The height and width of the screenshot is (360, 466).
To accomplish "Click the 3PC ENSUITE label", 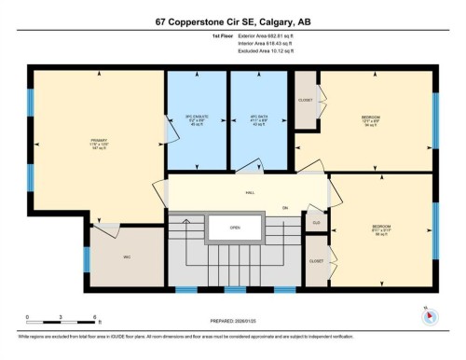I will point(197,118).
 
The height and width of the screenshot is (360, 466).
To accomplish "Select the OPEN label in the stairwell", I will point(236,227).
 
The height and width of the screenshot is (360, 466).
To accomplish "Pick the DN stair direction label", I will point(286,208).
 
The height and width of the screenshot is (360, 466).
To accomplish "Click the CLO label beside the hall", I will point(317,222).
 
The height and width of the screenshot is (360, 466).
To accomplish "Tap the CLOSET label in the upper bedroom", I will point(306,99).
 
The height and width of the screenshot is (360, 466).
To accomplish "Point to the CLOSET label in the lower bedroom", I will point(317,261).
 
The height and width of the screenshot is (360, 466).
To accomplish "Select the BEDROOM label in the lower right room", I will point(382,226).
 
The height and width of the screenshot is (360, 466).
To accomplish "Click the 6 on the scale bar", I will point(83,318).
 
